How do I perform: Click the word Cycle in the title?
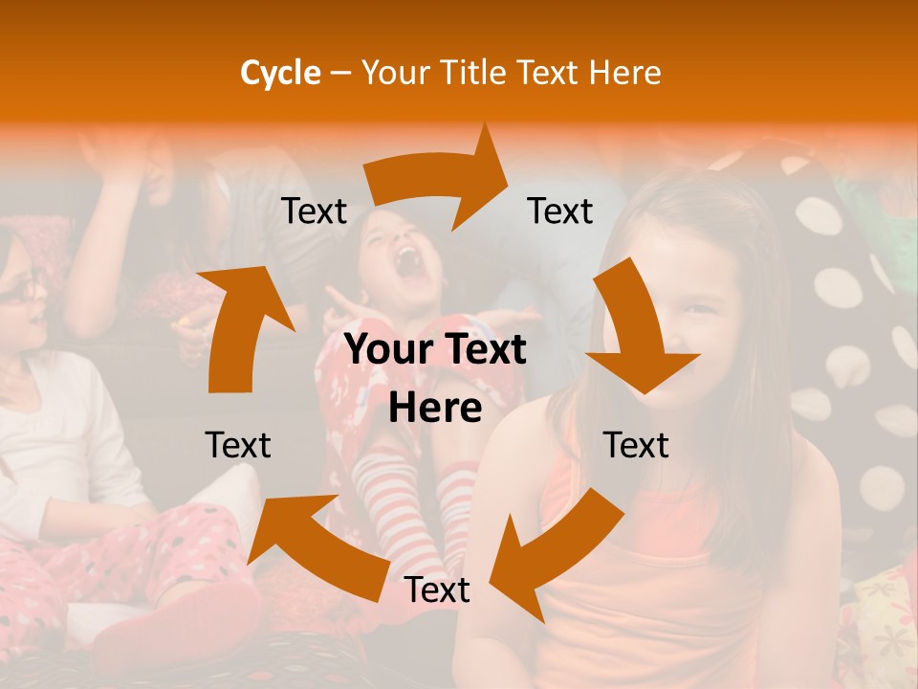click(x=280, y=73)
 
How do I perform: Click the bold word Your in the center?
click(x=389, y=350)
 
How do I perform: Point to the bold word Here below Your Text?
click(x=435, y=409)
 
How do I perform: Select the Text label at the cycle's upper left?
click(x=314, y=211)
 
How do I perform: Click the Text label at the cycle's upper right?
click(x=560, y=211)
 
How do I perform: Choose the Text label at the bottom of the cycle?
click(x=437, y=590)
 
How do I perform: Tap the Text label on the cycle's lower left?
click(x=238, y=445)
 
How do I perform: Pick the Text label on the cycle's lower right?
click(x=636, y=445)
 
